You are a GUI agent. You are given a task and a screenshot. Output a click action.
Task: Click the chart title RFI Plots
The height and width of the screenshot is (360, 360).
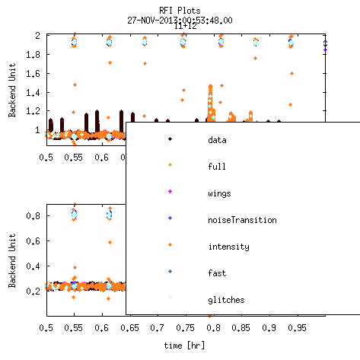pos(180,11)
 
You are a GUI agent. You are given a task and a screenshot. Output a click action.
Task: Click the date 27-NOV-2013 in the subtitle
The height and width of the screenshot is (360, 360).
pos(151,21)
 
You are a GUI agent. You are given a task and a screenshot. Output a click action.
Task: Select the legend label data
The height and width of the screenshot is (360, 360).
pos(217,140)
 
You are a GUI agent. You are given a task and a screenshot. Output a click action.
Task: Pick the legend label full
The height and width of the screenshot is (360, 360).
pos(217,167)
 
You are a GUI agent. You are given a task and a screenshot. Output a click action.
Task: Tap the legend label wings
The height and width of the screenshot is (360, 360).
pos(219,193)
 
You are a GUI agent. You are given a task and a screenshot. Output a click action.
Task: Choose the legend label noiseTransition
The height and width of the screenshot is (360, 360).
pos(242,220)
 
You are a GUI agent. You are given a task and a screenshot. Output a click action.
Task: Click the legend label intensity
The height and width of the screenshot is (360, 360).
pos(229,247)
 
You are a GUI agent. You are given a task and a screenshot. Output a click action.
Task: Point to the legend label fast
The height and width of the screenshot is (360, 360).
pos(217,273)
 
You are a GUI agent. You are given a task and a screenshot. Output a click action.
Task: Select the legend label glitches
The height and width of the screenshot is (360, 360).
pos(226,300)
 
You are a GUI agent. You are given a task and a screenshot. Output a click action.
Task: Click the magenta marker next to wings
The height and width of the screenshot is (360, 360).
pos(170,191)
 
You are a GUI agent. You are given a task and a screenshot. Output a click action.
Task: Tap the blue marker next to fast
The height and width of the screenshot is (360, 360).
pos(170,271)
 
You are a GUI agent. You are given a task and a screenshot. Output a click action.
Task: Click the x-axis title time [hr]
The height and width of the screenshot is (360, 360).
pos(184,346)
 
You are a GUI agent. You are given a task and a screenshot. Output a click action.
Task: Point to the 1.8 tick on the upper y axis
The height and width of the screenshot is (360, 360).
pos(33,54)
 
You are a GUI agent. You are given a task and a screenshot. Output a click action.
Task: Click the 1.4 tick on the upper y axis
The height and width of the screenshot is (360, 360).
pos(33,93)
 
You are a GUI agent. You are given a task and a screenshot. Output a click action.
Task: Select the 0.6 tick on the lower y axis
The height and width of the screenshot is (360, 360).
pos(33,241)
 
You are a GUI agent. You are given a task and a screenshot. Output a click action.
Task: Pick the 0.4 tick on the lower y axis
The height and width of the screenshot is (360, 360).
pos(33,266)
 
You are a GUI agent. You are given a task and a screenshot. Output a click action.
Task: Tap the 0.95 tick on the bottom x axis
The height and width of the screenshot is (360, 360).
pos(297,328)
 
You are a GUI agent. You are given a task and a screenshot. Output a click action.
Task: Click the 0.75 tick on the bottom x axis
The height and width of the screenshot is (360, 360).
pos(186,328)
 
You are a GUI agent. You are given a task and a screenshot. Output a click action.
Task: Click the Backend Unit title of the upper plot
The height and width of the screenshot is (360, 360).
pos(12,90)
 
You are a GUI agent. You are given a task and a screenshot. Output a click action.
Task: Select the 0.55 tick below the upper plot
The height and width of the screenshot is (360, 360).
pos(74,158)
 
